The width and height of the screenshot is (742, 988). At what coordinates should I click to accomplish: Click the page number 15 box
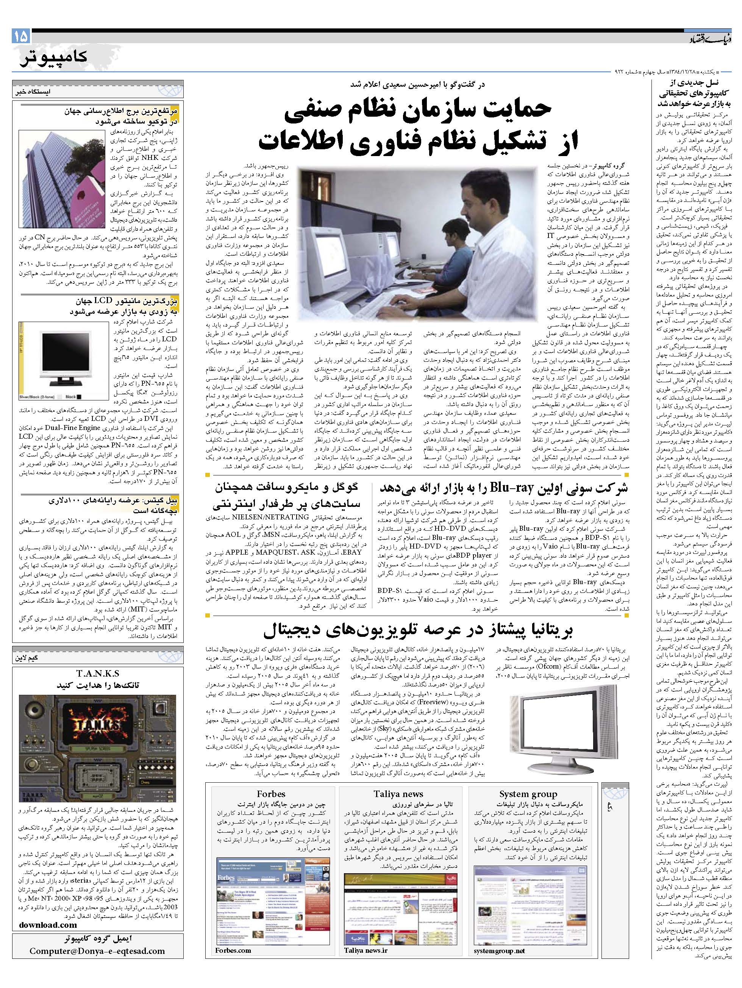point(21,35)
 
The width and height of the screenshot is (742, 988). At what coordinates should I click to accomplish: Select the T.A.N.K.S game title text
point(97,674)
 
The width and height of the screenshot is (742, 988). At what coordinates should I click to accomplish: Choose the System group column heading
point(528,794)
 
